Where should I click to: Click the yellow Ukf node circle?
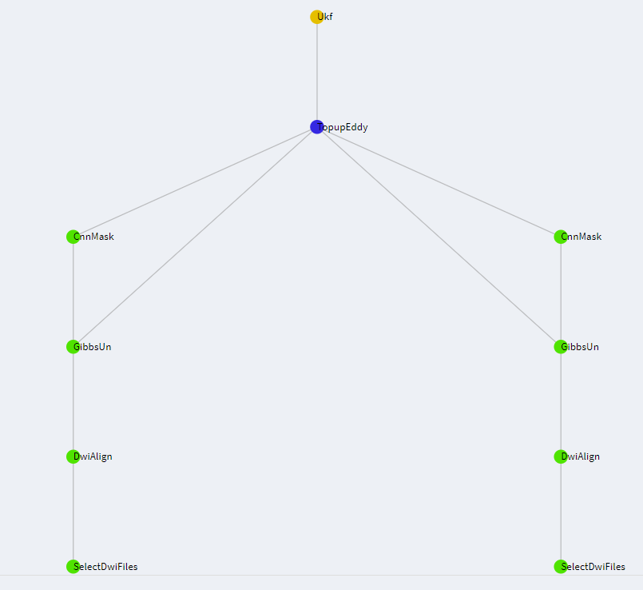pyautogui.click(x=316, y=17)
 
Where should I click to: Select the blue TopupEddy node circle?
pyautogui.click(x=316, y=126)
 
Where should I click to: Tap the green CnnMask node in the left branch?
pyautogui.click(x=73, y=237)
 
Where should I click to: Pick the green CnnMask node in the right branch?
pyautogui.click(x=560, y=237)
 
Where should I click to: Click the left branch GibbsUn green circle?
pyautogui.click(x=73, y=346)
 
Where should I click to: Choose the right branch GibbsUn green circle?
pyautogui.click(x=560, y=346)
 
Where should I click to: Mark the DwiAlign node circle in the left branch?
pyautogui.click(x=73, y=456)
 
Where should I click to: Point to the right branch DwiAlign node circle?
pyautogui.click(x=560, y=456)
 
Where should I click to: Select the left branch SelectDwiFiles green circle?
pyautogui.click(x=73, y=566)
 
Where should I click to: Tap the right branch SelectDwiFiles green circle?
pyautogui.click(x=560, y=566)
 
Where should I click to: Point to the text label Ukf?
pyautogui.click(x=327, y=17)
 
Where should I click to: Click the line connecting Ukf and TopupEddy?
pyautogui.click(x=316, y=72)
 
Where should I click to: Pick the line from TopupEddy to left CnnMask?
pyautogui.click(x=195, y=181)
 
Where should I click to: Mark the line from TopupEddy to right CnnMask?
pyautogui.click(x=439, y=181)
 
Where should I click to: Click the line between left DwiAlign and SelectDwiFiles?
pyautogui.click(x=73, y=512)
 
